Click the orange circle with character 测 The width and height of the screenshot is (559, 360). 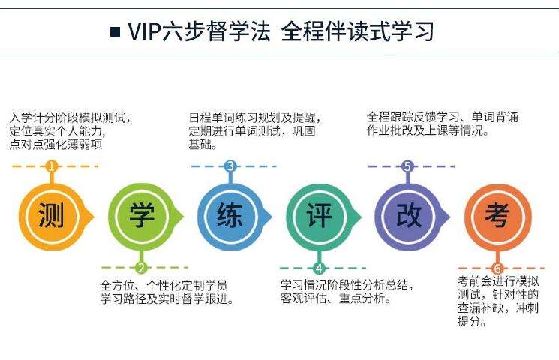[51, 216]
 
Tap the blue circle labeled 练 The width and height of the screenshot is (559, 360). [230, 216]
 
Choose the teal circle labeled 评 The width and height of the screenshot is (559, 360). [318, 216]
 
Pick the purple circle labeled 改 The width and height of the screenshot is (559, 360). [407, 216]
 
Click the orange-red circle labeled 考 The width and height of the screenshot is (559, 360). [496, 216]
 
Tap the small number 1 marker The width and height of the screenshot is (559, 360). [51, 166]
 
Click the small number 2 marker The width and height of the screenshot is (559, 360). [141, 268]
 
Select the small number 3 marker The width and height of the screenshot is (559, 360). [230, 166]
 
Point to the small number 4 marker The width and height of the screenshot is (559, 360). [319, 268]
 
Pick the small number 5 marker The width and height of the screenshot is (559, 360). [407, 166]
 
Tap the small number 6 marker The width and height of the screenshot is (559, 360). [496, 268]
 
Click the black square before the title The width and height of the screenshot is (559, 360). [115, 32]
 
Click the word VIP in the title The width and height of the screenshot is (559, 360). [146, 31]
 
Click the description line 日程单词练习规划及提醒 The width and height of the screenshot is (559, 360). [254, 118]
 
